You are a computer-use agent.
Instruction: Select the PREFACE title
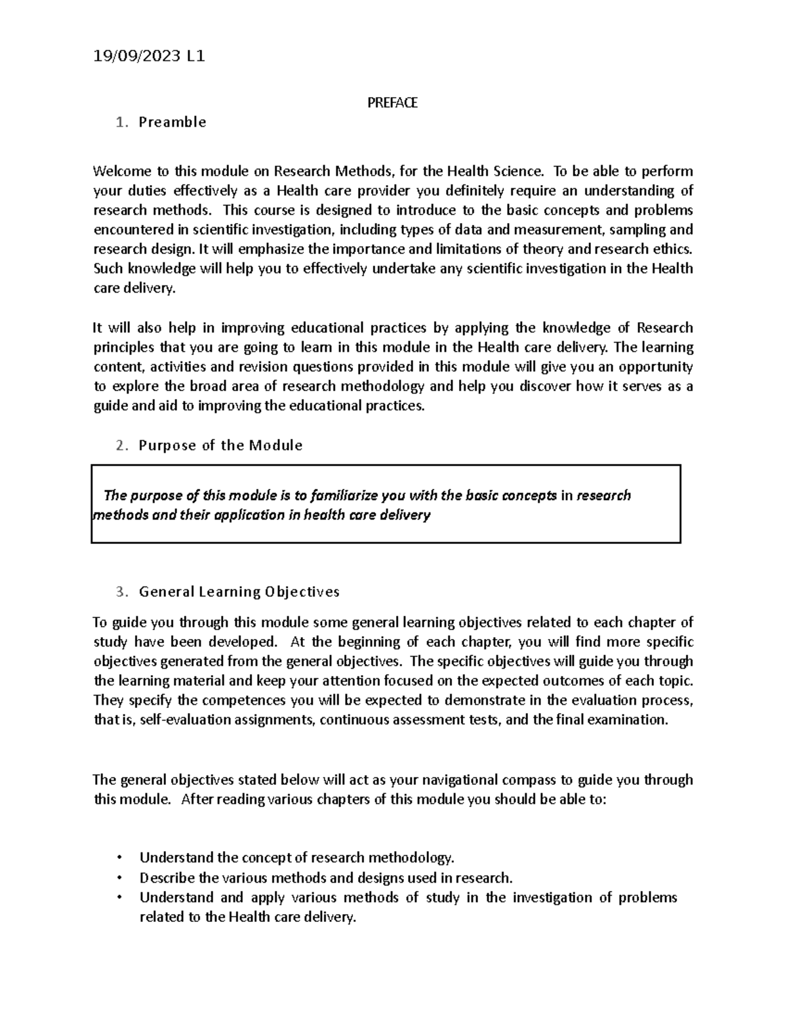pyautogui.click(x=392, y=103)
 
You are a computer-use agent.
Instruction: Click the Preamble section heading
pyautogui.click(x=172, y=122)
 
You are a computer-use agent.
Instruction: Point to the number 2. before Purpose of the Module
pyautogui.click(x=121, y=446)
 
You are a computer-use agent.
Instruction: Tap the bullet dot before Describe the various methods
pyautogui.click(x=119, y=878)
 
